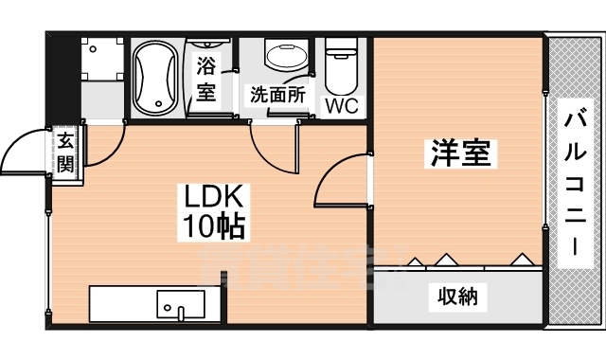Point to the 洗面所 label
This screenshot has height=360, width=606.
point(276,95)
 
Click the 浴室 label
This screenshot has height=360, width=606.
point(206,80)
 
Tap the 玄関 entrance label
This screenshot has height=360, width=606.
point(65,153)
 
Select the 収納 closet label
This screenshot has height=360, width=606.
point(457,297)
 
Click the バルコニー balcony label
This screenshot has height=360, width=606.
point(575,185)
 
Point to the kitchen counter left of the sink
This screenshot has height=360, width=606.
point(123,306)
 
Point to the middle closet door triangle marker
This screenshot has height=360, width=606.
point(446,258)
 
